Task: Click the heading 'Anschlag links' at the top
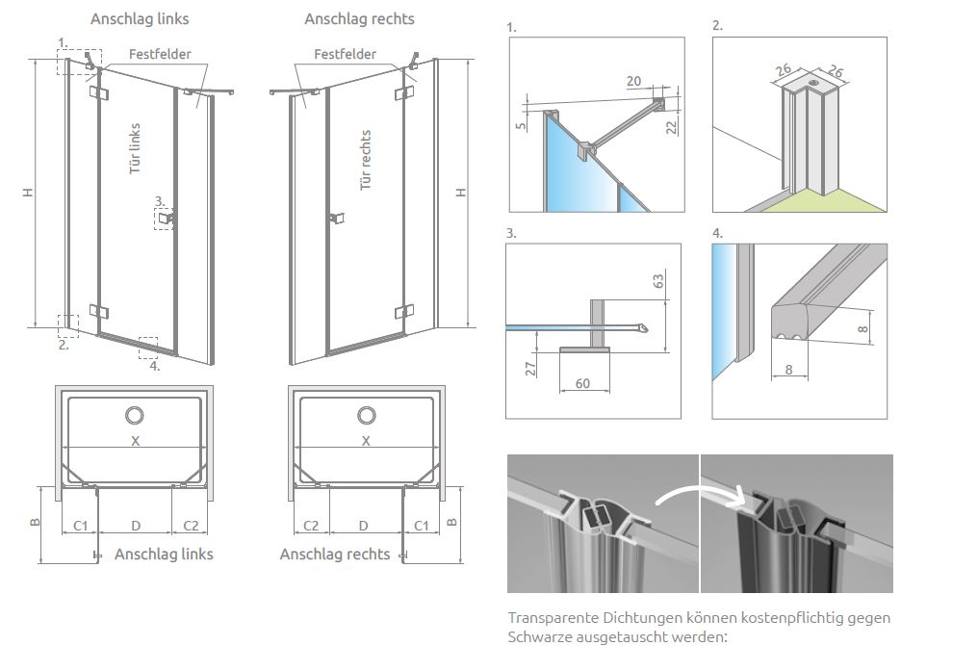(140, 18)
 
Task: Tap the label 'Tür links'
(136, 146)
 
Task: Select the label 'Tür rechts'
(366, 160)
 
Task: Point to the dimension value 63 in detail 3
(659, 282)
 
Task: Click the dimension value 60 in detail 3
(583, 384)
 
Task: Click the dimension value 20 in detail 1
(633, 82)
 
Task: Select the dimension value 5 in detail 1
(521, 125)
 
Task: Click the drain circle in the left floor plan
(134, 415)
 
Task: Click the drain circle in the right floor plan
(366, 415)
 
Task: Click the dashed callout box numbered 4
(147, 343)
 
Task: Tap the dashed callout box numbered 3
(164, 220)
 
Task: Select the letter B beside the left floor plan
(34, 524)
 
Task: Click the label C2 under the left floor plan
(190, 526)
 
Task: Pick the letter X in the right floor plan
(366, 441)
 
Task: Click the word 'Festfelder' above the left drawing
(160, 54)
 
